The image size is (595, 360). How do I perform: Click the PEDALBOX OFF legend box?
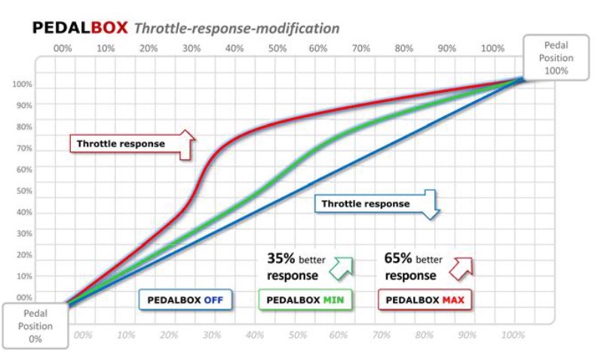pos(186,300)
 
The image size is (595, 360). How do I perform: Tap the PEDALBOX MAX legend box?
pos(424,300)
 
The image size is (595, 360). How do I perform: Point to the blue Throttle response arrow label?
pos(370,204)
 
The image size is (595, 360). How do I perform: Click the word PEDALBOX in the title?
pos(80,29)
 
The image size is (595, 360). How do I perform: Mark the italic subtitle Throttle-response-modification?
pos(237,29)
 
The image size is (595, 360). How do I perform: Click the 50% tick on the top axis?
pos(278,48)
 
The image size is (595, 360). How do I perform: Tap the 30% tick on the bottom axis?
pos(211,334)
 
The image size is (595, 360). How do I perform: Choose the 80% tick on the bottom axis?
pos(427,334)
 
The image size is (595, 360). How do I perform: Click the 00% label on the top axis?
pos(63,48)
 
